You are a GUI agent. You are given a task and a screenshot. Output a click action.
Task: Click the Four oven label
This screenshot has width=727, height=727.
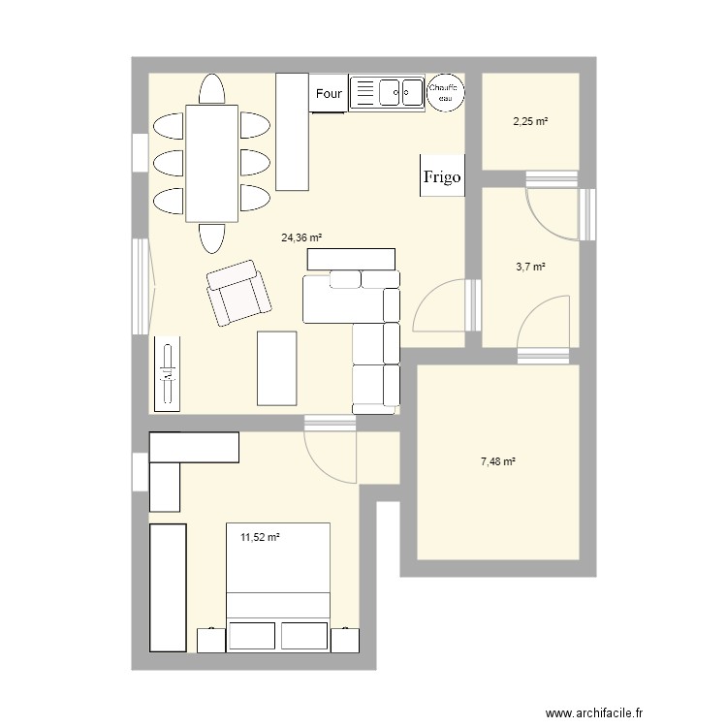click(329, 94)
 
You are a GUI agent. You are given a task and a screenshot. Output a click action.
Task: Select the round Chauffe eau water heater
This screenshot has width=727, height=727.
click(447, 92)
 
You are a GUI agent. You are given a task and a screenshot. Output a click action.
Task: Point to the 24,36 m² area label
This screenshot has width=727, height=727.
click(301, 237)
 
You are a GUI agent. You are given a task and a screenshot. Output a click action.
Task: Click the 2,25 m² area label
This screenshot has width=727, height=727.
click(530, 121)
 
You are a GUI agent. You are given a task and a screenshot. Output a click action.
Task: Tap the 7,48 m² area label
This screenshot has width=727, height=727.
click(497, 462)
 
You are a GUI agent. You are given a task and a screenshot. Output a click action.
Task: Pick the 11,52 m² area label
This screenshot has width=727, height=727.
click(260, 535)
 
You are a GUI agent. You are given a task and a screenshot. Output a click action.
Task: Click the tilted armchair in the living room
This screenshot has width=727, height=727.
click(237, 292)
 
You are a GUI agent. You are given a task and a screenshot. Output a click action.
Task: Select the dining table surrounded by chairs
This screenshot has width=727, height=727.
click(211, 163)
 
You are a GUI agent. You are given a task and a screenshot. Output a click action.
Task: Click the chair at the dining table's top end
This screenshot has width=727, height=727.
click(212, 89)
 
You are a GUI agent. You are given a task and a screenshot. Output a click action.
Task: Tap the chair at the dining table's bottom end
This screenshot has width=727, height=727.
click(212, 237)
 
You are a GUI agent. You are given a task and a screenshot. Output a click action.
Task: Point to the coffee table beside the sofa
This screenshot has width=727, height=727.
click(276, 367)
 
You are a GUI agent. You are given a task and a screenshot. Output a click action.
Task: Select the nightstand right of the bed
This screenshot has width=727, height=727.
click(344, 641)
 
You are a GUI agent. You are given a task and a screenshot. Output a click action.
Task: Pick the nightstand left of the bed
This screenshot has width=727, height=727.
click(210, 641)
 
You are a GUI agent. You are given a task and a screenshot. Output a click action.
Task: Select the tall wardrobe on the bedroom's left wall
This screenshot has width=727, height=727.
click(167, 587)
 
